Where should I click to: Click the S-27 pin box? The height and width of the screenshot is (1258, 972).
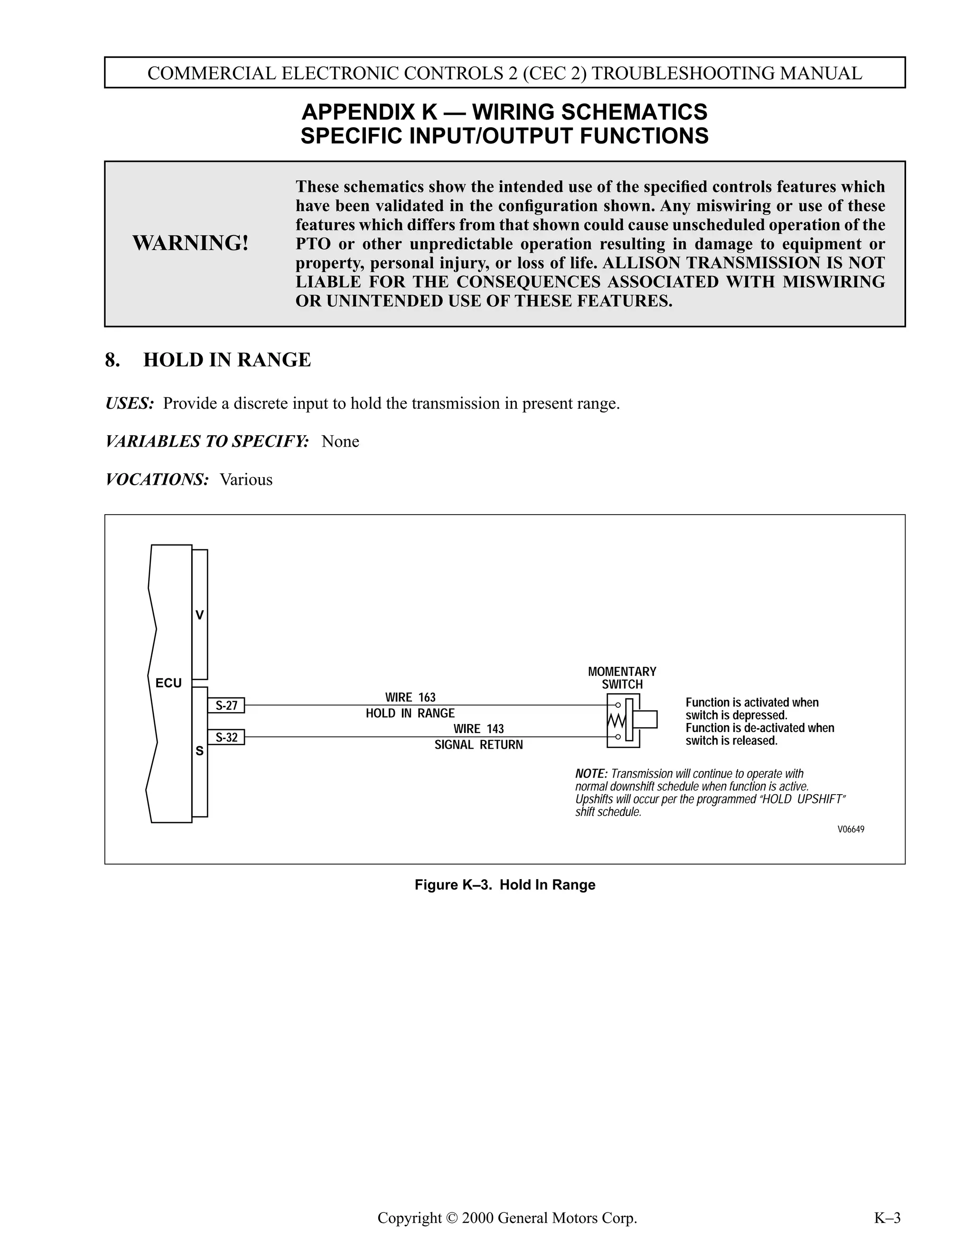click(226, 705)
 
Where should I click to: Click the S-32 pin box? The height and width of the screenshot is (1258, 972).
click(226, 737)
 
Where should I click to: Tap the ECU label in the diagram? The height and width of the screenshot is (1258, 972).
click(168, 683)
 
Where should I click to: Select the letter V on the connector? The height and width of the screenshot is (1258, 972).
click(199, 615)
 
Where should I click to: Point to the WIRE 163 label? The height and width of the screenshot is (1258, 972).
click(410, 697)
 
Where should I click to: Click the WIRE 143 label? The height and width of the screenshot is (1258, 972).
click(478, 729)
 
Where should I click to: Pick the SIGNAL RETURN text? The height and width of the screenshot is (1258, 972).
click(478, 745)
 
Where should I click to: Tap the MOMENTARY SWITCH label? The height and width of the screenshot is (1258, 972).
click(622, 678)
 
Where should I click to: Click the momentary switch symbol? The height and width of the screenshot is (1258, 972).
click(627, 721)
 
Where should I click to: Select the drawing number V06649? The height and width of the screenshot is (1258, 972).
click(850, 829)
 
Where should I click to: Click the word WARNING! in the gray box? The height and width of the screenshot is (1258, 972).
click(191, 243)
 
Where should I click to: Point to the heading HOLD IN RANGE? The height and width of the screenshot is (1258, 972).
click(227, 360)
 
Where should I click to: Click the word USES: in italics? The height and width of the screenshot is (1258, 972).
click(130, 403)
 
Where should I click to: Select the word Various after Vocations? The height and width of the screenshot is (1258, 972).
click(246, 480)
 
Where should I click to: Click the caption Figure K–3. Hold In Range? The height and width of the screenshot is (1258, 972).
click(505, 885)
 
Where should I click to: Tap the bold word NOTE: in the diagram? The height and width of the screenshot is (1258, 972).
click(591, 774)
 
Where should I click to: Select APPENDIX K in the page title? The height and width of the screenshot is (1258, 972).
click(369, 112)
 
